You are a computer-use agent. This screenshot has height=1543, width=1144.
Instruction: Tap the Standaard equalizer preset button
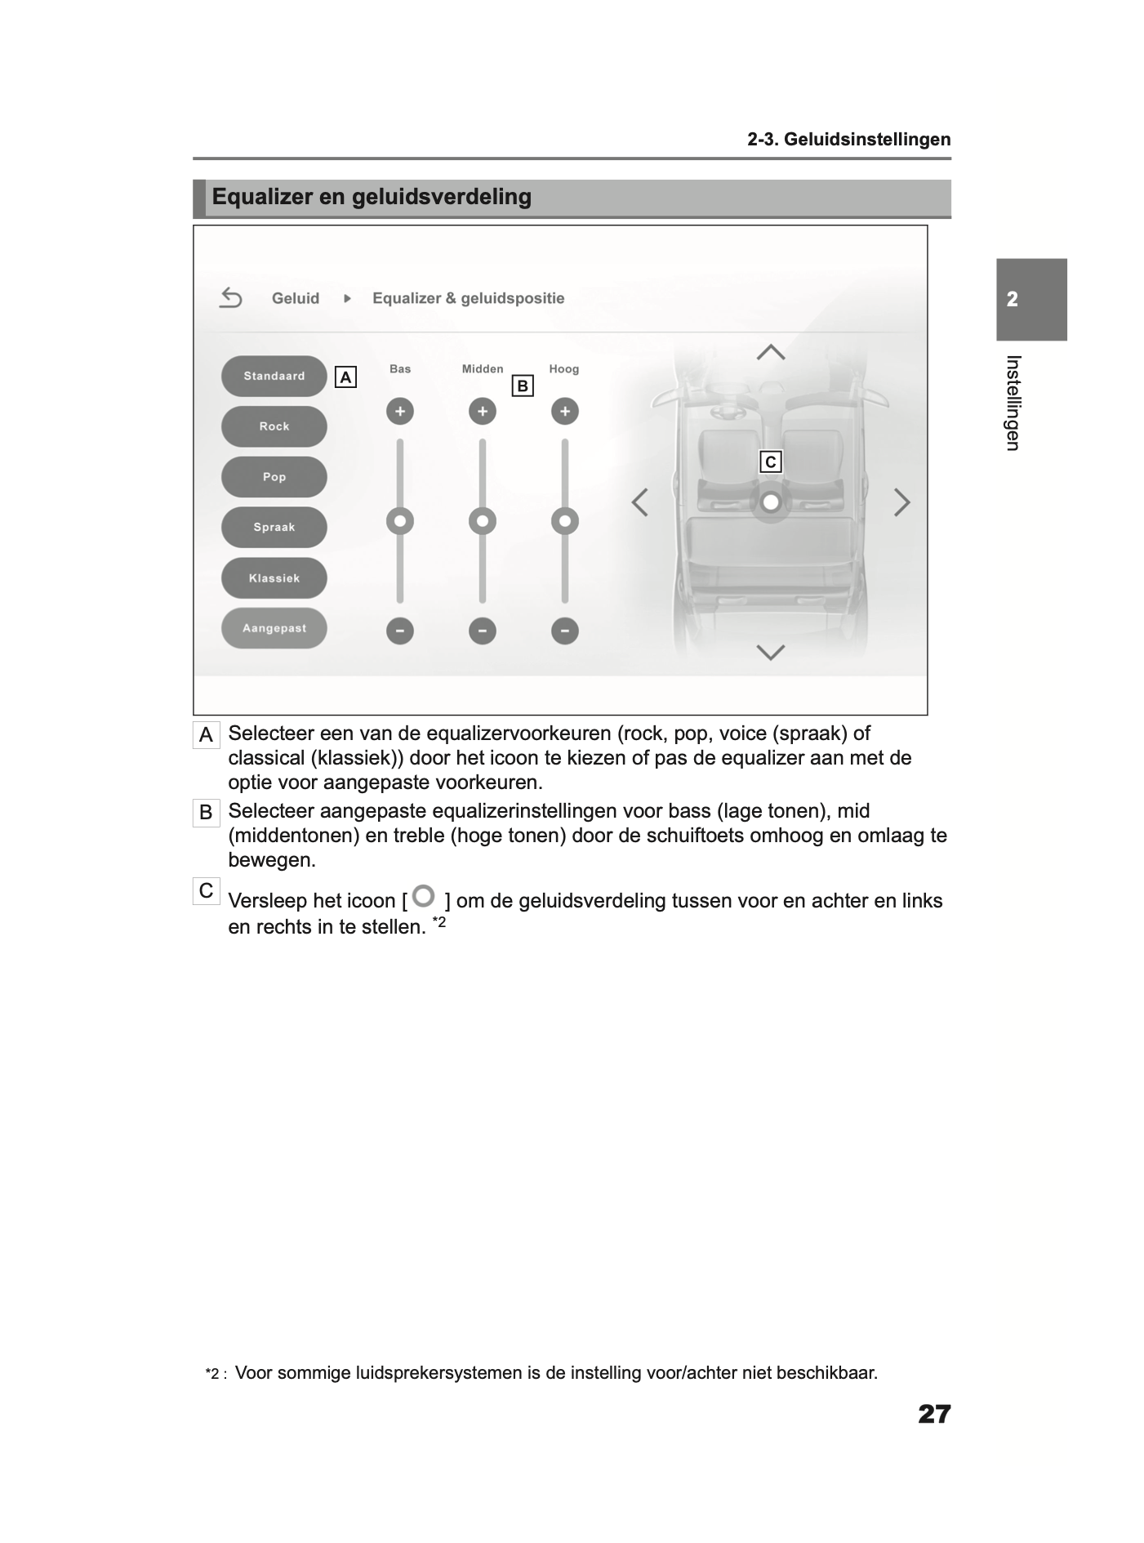tap(274, 377)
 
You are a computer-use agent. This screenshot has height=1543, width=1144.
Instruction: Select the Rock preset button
tap(274, 426)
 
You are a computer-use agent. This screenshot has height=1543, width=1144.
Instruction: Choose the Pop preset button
tap(274, 477)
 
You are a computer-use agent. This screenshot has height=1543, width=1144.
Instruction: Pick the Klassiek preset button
tap(274, 578)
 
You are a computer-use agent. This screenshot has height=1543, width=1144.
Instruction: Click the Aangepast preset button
tap(274, 628)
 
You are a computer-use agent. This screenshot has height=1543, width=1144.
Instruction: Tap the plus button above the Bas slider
tap(400, 411)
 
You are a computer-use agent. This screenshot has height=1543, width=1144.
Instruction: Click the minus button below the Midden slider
tap(483, 631)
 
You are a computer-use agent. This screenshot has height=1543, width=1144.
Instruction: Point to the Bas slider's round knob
tap(400, 520)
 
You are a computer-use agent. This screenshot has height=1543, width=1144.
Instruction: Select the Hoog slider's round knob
tap(565, 520)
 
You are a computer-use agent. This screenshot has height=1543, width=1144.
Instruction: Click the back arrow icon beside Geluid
tap(231, 298)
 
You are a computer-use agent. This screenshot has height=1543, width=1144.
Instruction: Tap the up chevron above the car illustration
tap(771, 353)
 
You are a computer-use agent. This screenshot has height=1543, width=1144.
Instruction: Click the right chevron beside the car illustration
tap(901, 502)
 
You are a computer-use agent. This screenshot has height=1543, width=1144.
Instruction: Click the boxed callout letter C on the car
tap(770, 462)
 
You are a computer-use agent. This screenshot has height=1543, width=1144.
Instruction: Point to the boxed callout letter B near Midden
tap(523, 386)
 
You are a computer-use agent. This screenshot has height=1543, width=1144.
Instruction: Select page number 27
tap(934, 1414)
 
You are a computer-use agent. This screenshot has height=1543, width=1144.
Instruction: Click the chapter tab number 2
tap(1013, 300)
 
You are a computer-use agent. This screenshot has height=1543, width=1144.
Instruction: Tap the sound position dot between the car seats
tap(770, 502)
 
